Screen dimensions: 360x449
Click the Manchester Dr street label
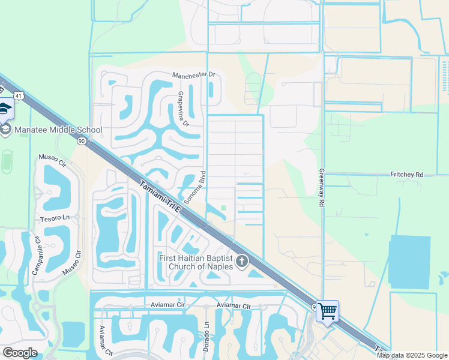click(x=193, y=75)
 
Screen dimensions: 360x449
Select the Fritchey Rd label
click(x=406, y=175)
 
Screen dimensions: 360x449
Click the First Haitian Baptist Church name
click(x=197, y=262)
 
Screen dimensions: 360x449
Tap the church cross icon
click(x=242, y=261)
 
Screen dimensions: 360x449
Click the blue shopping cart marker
click(x=327, y=311)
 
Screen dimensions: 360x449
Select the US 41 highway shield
click(x=20, y=95)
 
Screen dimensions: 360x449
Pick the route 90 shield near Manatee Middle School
click(x=82, y=141)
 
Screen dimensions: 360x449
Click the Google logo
click(x=20, y=353)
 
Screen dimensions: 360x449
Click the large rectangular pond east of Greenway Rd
click(x=409, y=262)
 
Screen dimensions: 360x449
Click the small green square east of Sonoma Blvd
click(x=224, y=209)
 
